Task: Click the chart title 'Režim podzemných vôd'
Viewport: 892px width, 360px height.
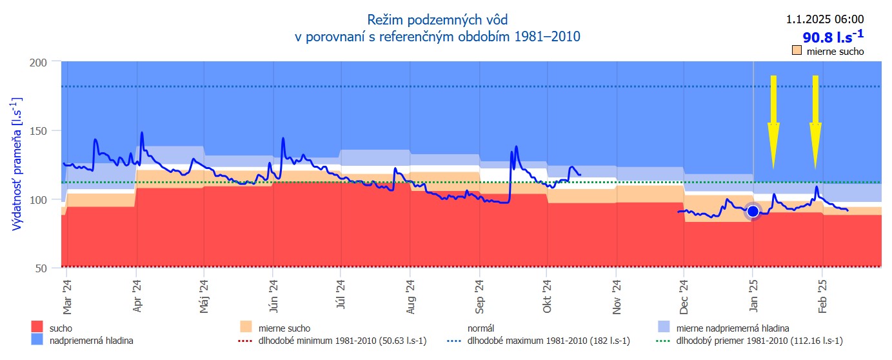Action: point(437,21)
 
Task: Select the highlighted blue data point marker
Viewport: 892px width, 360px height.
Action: point(753,211)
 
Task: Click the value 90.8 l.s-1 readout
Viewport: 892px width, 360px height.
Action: point(833,37)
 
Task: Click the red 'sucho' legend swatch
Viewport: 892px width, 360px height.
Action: point(37,328)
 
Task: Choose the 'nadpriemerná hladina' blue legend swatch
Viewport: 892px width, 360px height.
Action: point(37,339)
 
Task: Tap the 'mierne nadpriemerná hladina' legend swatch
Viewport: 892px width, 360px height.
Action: point(664,328)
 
